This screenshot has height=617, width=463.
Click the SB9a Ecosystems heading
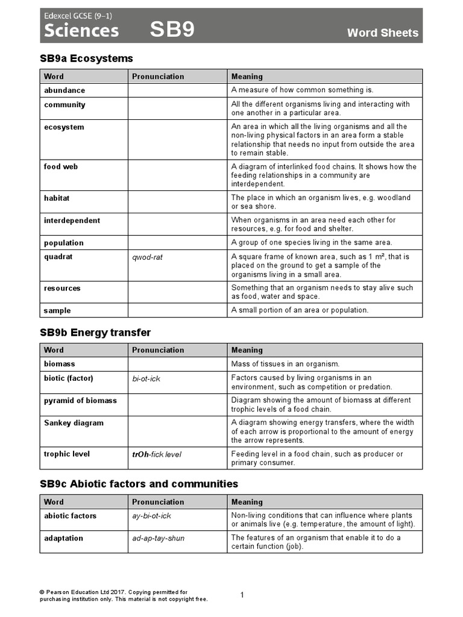[86, 58]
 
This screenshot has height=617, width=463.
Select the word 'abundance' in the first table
[65, 90]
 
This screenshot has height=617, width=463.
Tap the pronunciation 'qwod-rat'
[147, 257]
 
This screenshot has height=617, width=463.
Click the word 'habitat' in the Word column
[58, 198]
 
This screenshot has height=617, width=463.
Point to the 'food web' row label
[61, 167]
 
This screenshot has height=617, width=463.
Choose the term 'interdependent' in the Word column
[72, 221]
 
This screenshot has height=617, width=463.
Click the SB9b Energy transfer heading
[95, 333]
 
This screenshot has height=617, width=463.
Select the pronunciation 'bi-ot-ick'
[146, 379]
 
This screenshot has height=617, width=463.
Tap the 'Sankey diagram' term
[73, 423]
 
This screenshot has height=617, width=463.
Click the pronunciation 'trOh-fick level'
[157, 454]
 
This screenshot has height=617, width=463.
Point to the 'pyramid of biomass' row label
[80, 401]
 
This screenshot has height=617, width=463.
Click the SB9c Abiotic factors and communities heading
[139, 484]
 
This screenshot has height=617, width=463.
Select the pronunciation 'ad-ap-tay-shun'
[159, 538]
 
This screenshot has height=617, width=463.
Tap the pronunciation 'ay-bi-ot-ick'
[152, 516]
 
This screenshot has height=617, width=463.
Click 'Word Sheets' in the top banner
[382, 33]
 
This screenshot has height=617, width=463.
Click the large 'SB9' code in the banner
[172, 30]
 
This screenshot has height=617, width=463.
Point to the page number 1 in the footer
[242, 595]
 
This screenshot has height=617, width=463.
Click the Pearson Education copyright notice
[124, 595]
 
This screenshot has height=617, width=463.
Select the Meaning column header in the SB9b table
[247, 350]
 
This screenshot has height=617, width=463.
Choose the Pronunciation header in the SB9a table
[158, 77]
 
